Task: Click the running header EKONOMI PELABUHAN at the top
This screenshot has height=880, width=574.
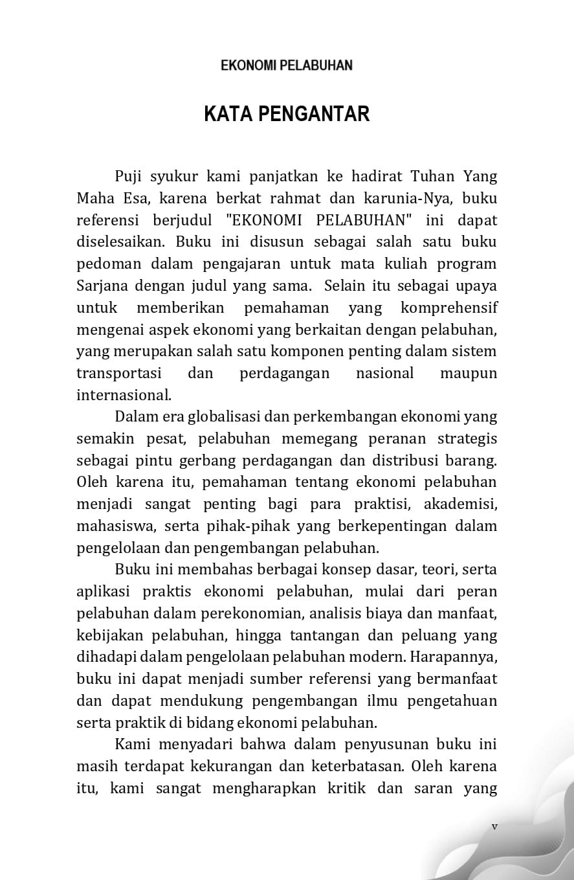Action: (287, 65)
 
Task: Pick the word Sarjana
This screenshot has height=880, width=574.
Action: (102, 286)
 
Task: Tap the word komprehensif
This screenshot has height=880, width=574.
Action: (449, 308)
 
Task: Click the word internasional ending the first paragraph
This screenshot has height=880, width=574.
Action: (123, 395)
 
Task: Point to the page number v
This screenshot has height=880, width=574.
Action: (494, 826)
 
